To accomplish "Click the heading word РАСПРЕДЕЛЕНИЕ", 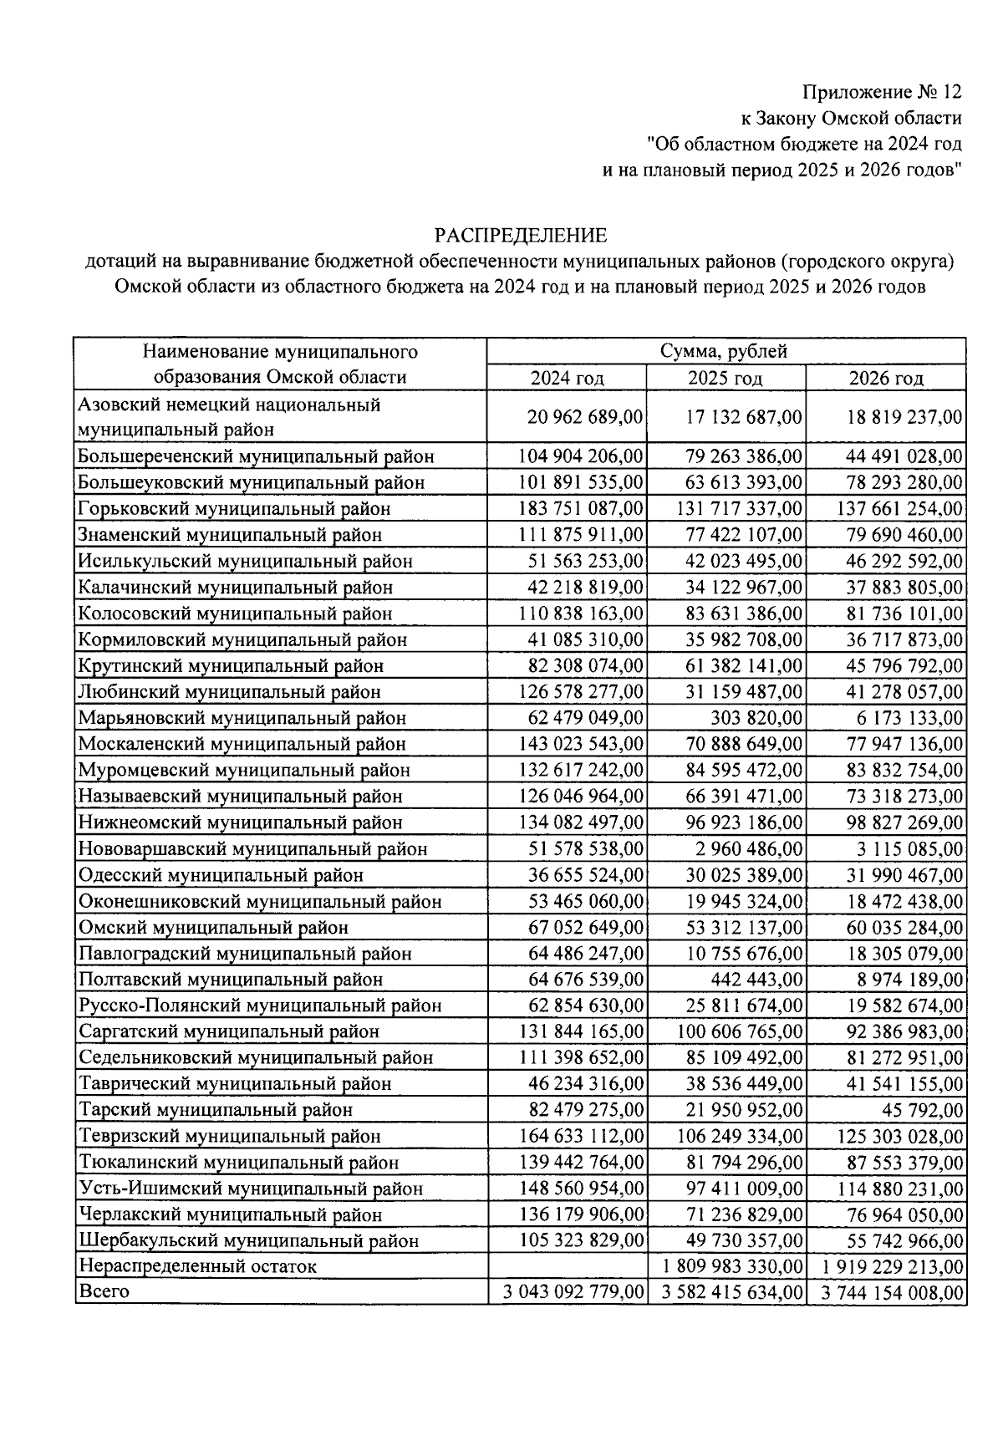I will click(520, 235).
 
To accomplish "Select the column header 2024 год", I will click(567, 378).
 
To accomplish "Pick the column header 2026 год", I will click(886, 378).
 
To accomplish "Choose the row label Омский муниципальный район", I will click(213, 927).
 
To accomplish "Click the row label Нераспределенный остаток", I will click(197, 1266).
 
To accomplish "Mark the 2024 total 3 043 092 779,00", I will click(573, 1292).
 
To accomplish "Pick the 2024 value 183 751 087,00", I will click(582, 508).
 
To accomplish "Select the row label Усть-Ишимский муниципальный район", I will click(251, 1189).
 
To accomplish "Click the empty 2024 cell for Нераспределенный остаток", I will click(567, 1266).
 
